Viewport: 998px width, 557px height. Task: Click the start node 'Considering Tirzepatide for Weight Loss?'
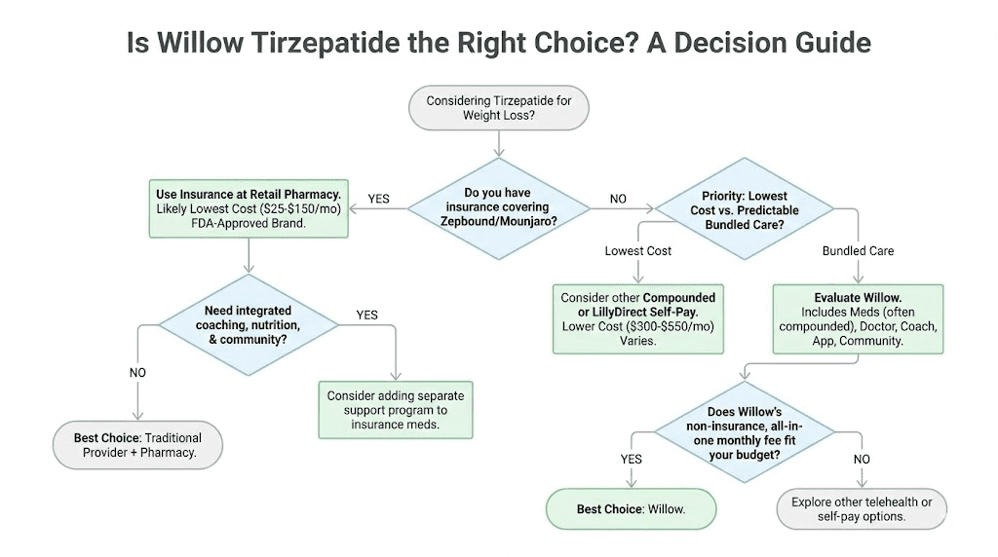point(498,108)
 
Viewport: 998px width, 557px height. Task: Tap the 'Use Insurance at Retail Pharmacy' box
point(249,208)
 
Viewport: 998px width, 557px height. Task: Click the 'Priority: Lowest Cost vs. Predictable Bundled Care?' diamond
point(744,210)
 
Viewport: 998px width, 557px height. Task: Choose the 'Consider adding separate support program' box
point(395,410)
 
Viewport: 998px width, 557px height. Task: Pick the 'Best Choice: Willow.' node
point(631,509)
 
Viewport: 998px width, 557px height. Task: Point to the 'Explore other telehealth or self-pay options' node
point(861,509)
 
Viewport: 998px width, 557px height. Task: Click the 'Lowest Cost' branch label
point(638,250)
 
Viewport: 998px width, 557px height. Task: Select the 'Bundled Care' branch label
point(858,250)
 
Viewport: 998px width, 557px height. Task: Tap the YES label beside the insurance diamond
point(378,199)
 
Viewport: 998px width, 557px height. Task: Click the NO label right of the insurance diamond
point(618,199)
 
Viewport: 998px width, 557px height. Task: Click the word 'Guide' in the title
point(827,44)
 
